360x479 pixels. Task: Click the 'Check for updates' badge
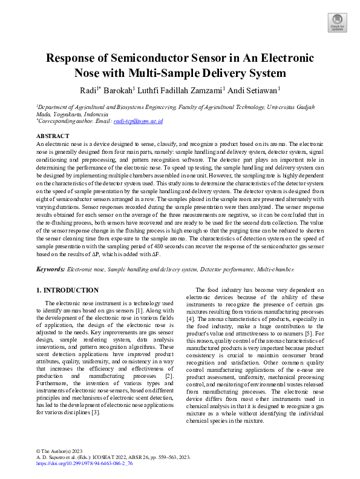336,22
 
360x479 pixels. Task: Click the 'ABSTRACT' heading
53,136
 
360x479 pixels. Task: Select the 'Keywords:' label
50,268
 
